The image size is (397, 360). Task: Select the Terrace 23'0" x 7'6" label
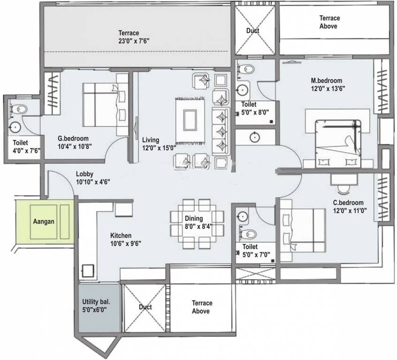coord(129,37)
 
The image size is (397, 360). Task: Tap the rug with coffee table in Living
coord(191,120)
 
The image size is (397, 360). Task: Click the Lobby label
coord(88,174)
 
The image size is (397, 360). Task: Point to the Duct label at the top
coord(252,31)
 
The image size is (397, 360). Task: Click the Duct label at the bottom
coord(145,307)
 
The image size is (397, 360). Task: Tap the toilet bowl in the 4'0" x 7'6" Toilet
coord(21,109)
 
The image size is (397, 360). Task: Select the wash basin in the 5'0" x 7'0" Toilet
coord(243,217)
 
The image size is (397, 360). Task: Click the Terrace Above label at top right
coord(329,22)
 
